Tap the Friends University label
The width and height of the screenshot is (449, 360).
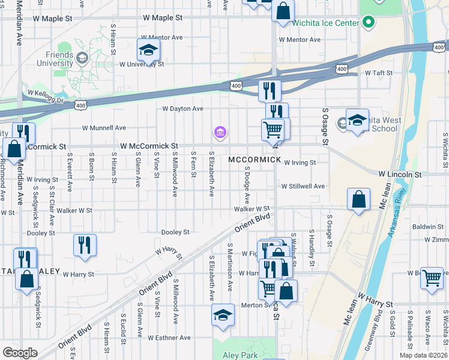coord(55,58)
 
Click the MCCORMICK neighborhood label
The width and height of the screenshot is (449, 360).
coord(255,160)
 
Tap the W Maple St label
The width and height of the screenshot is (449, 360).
coord(154,18)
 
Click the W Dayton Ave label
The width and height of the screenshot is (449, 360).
coord(183,109)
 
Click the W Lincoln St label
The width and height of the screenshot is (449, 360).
coord(400,174)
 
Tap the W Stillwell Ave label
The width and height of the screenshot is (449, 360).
coord(304,186)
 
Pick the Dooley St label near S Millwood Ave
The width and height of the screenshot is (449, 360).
coord(175,232)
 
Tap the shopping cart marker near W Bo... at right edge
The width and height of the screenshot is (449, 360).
coord(432,278)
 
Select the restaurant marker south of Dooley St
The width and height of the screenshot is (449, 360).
coord(85,245)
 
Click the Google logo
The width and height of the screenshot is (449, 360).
coord(20,353)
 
